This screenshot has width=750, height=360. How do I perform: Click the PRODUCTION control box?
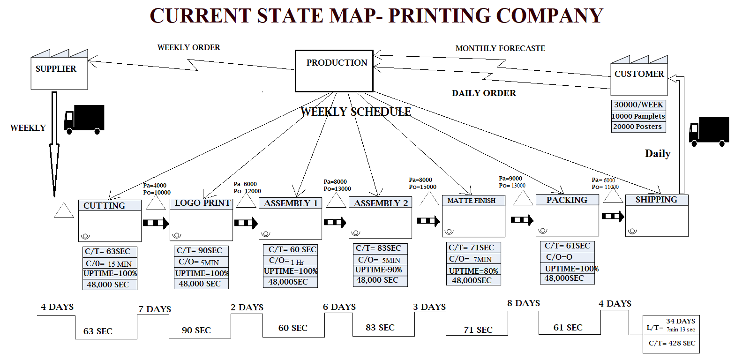coord(334,71)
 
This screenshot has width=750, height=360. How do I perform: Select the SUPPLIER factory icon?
coord(59,70)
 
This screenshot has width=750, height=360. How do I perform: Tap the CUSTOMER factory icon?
coord(639,76)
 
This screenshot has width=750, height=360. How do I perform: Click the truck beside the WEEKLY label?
coord(84,120)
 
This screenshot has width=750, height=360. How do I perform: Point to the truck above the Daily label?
coord(709,131)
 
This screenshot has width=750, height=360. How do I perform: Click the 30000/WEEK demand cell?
coord(638,105)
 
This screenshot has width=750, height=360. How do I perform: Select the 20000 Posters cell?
coord(638,127)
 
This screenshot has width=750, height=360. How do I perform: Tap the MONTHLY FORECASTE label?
coord(500,48)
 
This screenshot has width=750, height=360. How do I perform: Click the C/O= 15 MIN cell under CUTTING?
coord(110,263)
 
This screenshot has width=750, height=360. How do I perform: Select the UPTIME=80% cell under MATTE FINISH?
coord(473,270)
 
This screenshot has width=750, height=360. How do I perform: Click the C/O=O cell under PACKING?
coord(567,257)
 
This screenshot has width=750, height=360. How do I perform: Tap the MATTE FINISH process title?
coord(472,201)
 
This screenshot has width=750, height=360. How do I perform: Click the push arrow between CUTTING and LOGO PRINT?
coord(156,223)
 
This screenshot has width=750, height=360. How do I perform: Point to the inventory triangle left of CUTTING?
coord(64,211)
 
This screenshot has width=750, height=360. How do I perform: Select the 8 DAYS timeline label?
coord(523,303)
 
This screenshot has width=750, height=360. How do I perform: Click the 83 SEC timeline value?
coord(380,327)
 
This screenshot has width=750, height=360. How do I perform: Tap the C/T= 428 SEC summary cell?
coord(671,343)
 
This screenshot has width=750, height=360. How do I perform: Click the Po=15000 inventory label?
coord(422,187)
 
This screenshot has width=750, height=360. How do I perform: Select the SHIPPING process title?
coord(656,200)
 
